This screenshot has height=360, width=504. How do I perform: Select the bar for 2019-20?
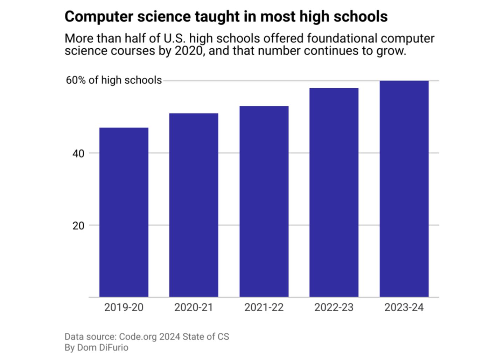pos(124,212)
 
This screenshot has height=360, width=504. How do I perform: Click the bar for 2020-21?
pos(194,205)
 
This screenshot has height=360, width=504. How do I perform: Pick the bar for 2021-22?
pos(264,201)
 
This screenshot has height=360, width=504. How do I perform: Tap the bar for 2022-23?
pos(334,192)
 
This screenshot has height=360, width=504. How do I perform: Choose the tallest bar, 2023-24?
pos(404,189)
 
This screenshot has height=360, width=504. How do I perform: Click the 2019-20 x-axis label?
pos(124,307)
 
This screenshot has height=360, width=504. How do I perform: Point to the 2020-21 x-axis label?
pos(194,307)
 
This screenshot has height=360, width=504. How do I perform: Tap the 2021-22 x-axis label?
pos(264,307)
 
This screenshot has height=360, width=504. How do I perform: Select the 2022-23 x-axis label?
pos(334,307)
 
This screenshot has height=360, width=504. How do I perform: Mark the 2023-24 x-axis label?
pos(404,307)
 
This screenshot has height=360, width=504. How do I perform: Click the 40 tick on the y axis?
pos(78,153)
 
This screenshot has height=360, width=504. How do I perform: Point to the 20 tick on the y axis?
pos(78,226)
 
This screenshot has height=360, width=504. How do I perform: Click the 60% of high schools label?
pos(114,80)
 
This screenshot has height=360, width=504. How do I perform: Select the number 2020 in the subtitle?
pos(189,51)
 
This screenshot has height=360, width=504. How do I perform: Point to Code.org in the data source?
pos(138,337)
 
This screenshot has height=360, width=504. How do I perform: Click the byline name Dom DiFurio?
pos(103,348)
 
